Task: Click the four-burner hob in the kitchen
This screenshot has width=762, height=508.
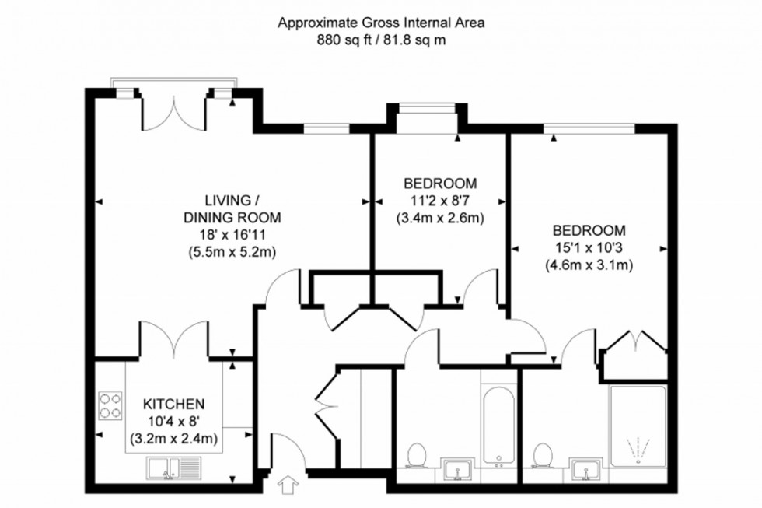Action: (110, 405)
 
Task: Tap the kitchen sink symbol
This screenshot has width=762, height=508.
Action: (173, 468)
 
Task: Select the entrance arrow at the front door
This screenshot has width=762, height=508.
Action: (288, 485)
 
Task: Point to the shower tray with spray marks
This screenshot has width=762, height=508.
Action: (638, 429)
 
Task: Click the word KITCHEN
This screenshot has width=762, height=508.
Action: (173, 405)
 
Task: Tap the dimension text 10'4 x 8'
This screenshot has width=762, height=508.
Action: (173, 422)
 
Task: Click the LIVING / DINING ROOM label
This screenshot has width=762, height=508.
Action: (232, 208)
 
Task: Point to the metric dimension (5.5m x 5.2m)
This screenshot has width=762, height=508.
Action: (232, 251)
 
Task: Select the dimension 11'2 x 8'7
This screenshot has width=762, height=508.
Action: (440, 201)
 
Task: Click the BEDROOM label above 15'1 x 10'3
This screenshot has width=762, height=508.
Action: (589, 230)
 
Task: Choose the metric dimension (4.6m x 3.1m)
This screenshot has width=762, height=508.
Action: (589, 265)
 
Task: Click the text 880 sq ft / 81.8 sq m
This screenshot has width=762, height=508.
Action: (381, 40)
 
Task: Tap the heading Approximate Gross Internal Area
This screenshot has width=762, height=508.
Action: (381, 23)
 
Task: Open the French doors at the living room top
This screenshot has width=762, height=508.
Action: (174, 114)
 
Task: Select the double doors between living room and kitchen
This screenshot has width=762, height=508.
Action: (174, 341)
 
